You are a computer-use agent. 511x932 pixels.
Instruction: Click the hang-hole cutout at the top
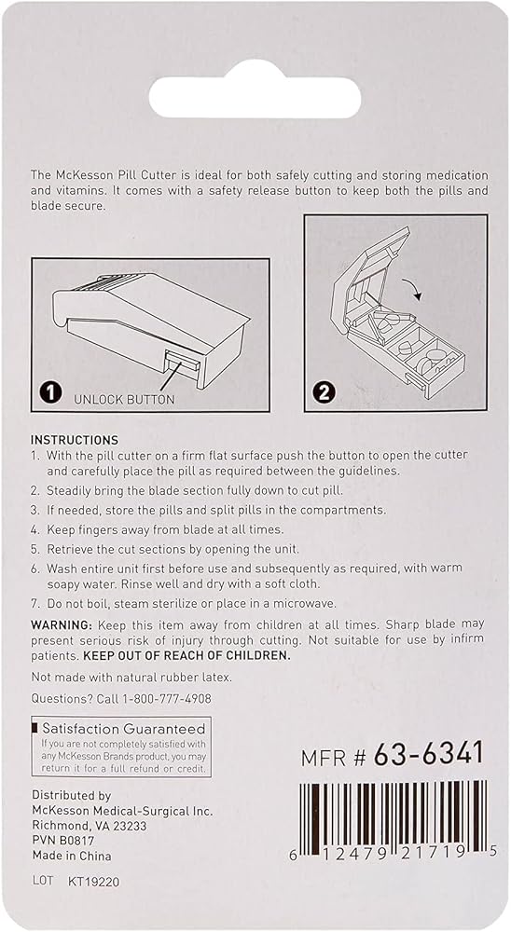255,97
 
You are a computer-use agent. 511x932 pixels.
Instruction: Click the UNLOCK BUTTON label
124,400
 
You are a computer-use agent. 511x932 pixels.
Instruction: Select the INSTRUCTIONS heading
75,441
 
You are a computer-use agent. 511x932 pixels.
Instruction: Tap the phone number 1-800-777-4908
167,699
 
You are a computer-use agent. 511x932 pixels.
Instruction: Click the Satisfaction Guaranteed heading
124,729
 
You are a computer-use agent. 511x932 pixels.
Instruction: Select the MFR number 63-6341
428,755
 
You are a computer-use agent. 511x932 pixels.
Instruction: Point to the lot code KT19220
94,882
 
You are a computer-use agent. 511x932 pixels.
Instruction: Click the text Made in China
72,856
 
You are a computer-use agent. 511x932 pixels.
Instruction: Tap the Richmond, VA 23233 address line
90,826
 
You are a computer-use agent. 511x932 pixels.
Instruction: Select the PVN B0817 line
63,841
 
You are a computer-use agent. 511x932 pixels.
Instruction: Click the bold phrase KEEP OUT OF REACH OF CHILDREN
186,655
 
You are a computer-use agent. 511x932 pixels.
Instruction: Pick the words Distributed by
72,795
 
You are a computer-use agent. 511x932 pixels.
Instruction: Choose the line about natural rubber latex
131,677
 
